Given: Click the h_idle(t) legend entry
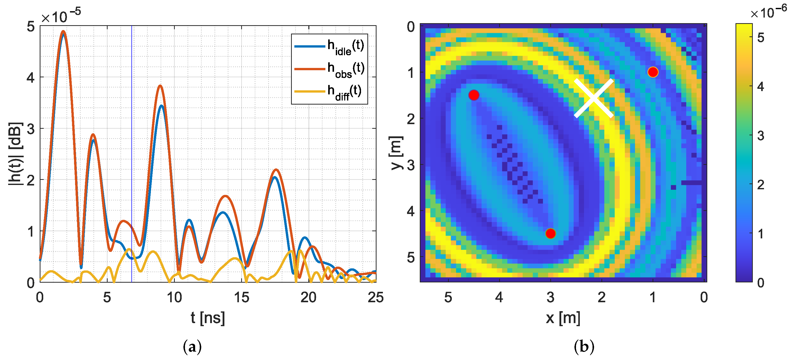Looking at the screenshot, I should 329,47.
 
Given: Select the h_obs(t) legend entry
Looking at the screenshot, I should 329,69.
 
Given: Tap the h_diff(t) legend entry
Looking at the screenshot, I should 329,91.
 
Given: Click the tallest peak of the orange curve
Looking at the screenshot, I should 63,31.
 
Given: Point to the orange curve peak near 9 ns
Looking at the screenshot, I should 160,86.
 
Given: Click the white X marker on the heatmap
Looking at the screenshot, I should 594,98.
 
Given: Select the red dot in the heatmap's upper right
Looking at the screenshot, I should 653,72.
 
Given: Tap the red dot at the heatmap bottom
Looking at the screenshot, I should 551,234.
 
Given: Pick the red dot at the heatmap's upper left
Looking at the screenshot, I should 474,95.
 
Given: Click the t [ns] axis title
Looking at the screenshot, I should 208,318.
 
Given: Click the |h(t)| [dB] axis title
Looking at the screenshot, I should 16,154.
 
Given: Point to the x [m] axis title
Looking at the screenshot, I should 563,318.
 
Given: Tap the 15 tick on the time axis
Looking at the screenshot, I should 241,297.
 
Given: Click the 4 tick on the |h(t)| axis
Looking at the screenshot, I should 31,78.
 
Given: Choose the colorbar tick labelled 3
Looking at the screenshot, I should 760,136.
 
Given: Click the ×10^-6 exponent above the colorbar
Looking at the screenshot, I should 768,12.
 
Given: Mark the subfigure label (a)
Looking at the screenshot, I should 192,347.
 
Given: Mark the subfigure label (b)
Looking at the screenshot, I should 584,347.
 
